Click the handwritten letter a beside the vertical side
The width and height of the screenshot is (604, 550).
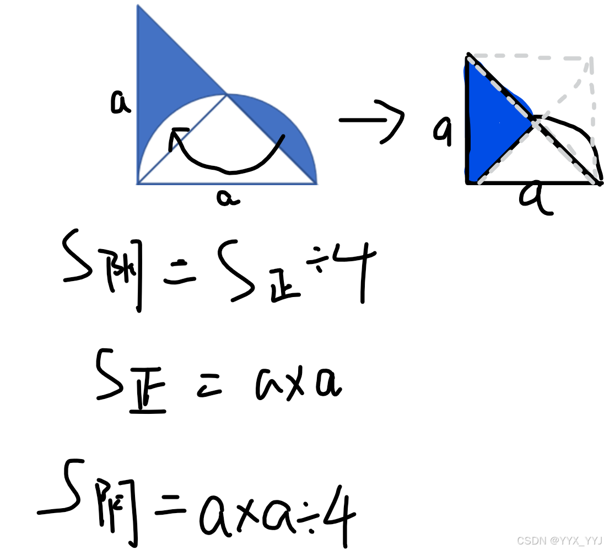coord(120,102)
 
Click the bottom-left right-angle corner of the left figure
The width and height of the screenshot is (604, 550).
coord(138,183)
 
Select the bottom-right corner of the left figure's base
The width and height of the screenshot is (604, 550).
coord(316,183)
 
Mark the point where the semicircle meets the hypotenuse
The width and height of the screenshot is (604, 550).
coord(227,94)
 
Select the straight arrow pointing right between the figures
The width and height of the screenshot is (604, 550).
coord(372,120)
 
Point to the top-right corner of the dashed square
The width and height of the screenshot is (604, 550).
coord(591,57)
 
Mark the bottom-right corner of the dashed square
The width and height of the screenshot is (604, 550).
coord(593,180)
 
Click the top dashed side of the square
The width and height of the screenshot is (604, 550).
coord(529,56)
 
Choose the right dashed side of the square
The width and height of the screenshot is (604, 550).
coord(593,118)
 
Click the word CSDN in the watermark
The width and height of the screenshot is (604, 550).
coord(531,541)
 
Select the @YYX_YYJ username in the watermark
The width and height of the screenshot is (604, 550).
coord(575,541)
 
